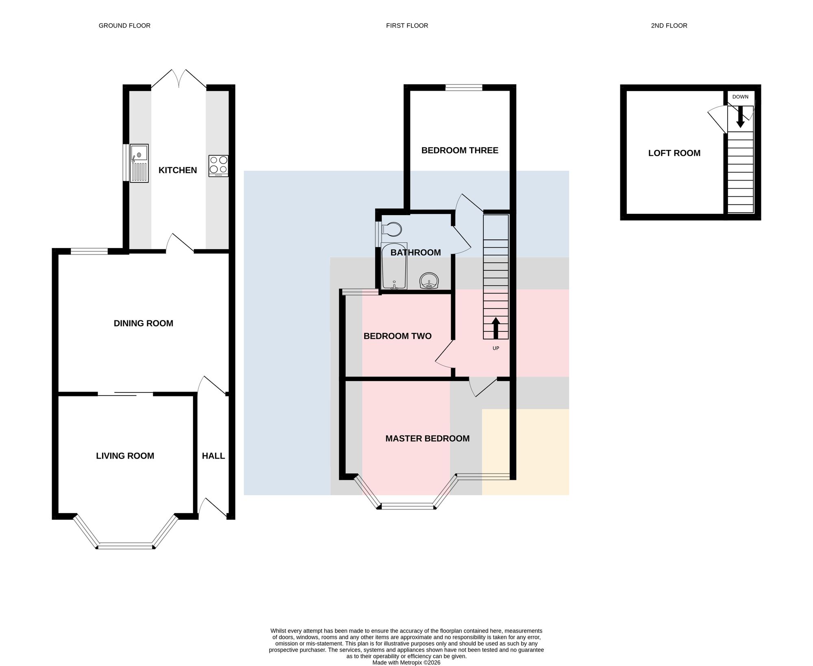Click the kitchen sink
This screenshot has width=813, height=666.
(x=139, y=163)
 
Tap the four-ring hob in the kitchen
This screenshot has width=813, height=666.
(x=218, y=166)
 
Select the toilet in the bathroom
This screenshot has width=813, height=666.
(x=391, y=229)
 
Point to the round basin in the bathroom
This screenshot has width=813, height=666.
(x=429, y=281)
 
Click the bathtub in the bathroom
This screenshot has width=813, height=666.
(x=394, y=266)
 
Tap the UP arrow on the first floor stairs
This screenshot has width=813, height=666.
(x=496, y=328)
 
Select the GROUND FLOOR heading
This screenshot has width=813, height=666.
(x=124, y=26)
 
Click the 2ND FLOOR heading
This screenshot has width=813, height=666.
(x=669, y=26)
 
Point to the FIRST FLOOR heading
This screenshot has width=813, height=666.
(x=407, y=26)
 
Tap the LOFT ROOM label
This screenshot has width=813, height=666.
(x=674, y=153)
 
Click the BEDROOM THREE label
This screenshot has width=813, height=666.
(x=460, y=150)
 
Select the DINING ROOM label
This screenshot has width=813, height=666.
(x=143, y=323)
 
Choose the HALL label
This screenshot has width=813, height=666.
(x=213, y=456)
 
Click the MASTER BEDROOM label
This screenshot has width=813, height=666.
(x=428, y=438)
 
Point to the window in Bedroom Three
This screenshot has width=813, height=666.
(x=464, y=87)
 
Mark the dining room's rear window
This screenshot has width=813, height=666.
(x=89, y=251)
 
